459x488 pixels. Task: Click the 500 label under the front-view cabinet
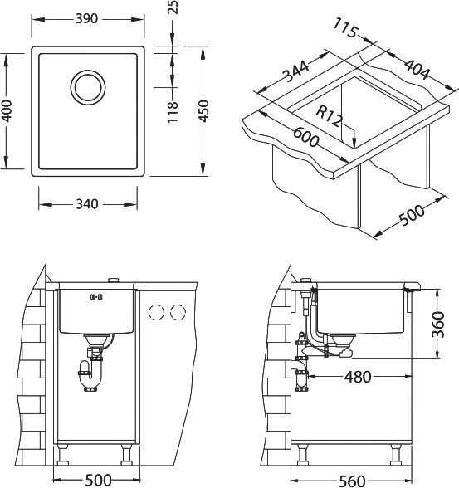(x=98, y=480)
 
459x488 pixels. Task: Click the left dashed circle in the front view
(x=154, y=313)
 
